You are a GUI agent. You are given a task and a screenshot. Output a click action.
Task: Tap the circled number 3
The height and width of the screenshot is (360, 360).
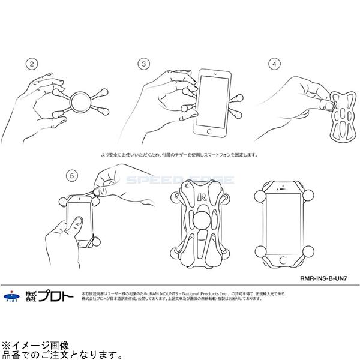pyautogui.click(x=143, y=63)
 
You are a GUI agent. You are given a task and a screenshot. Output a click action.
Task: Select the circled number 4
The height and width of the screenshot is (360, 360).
pyautogui.click(x=275, y=63)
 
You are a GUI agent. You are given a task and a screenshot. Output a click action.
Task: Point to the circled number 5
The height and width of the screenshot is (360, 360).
pyautogui.click(x=73, y=176)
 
